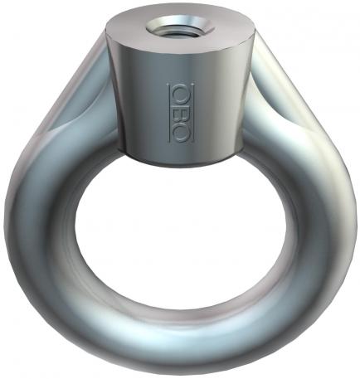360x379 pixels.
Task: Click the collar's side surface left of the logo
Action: point(137,100)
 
